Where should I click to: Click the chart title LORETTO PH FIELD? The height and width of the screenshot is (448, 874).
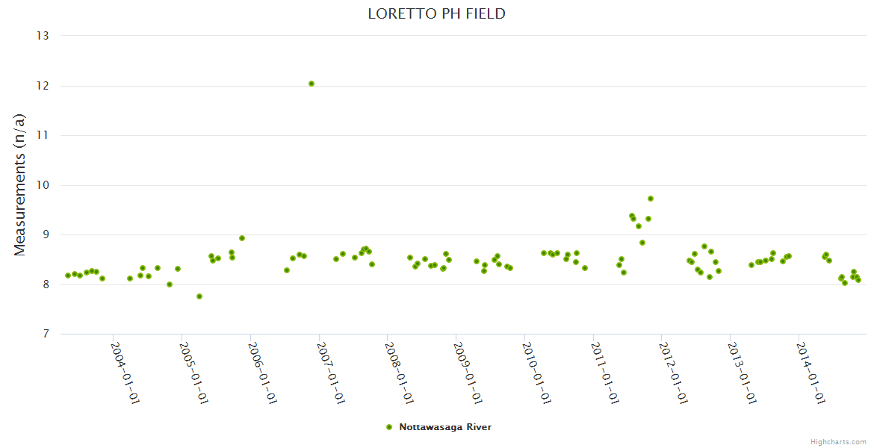tap(436, 13)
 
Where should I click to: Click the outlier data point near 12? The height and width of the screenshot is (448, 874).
tap(312, 84)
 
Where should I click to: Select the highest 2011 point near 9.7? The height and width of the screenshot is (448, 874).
tap(651, 199)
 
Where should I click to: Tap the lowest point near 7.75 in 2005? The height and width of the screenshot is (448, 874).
tap(199, 296)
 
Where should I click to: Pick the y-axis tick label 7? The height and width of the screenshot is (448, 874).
tap(45, 334)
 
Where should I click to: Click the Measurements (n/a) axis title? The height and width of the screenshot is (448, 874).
tap(20, 185)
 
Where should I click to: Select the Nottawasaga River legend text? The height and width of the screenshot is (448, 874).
tap(445, 427)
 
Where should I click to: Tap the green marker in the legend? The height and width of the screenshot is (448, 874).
tap(388, 427)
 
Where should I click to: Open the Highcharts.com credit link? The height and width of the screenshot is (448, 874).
tap(838, 441)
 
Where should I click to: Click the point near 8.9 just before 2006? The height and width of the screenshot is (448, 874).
tap(242, 238)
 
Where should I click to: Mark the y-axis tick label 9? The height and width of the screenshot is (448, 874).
tap(45, 234)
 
